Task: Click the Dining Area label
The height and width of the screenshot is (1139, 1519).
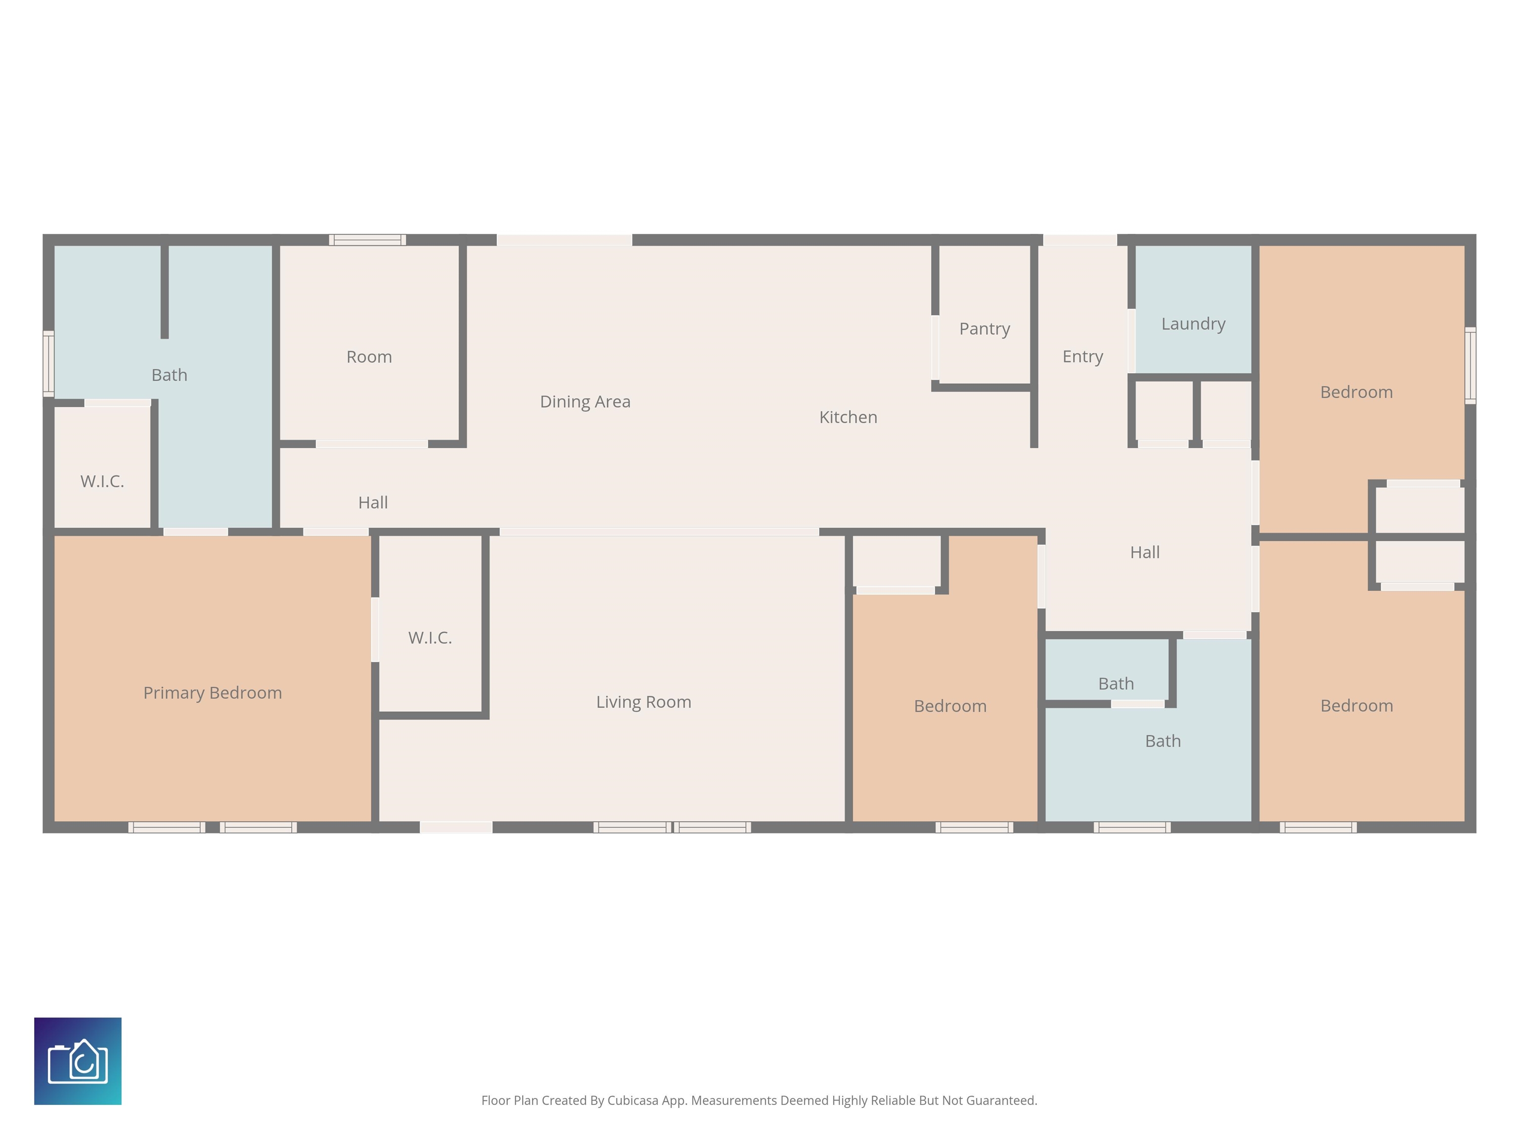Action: click(585, 401)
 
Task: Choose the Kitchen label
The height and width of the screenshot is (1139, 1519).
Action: click(848, 417)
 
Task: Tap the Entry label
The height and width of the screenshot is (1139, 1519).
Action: click(1082, 357)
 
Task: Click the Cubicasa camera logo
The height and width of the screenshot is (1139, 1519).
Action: click(78, 1061)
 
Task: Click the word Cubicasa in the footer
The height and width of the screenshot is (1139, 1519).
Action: click(632, 1100)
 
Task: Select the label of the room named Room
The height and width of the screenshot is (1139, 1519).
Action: click(369, 357)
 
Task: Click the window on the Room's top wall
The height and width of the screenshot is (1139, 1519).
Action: click(367, 240)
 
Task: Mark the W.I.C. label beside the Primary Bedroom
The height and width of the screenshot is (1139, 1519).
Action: click(430, 638)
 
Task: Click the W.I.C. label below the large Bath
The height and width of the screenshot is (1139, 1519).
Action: click(102, 482)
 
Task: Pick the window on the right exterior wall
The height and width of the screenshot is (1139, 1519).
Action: click(1470, 365)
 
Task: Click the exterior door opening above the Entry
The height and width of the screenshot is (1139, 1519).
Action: click(1080, 240)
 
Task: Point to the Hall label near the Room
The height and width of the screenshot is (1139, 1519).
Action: click(373, 503)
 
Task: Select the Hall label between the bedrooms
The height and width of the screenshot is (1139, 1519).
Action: click(1145, 553)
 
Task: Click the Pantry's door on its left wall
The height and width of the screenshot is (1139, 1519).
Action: click(936, 348)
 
